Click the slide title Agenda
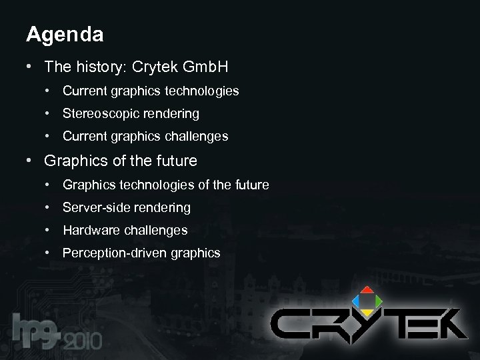pyautogui.click(x=65, y=35)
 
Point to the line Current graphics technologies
pyautogui.click(x=151, y=90)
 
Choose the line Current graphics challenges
pyautogui.click(x=145, y=137)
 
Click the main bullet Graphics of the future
pyautogui.click(x=121, y=161)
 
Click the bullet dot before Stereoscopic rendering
pyautogui.click(x=49, y=113)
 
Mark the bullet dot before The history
pyautogui.click(x=30, y=67)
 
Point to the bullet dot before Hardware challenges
pyautogui.click(x=49, y=230)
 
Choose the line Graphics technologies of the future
pyautogui.click(x=166, y=184)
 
